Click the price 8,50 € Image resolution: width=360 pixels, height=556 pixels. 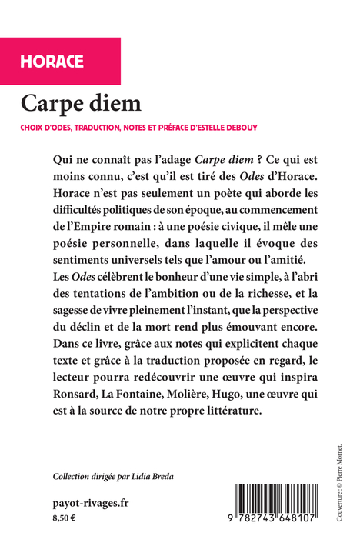[x=65, y=518]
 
